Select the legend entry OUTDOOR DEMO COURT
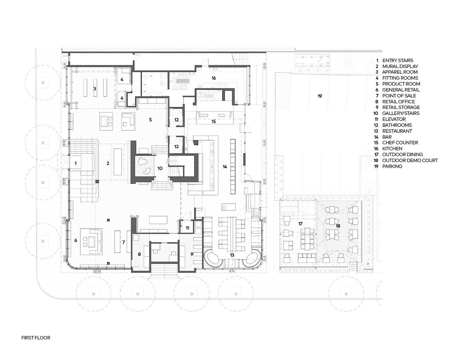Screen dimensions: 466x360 (x=410, y=161)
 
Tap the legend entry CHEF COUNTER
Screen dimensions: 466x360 (x=400, y=143)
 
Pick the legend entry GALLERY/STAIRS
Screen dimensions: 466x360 (x=401, y=113)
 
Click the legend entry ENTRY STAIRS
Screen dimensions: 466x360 (x=398, y=60)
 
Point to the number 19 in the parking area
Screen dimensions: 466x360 (x=320, y=96)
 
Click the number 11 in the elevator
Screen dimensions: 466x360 (x=187, y=228)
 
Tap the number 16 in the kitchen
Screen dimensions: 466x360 (x=214, y=78)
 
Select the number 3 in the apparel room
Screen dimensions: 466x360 (x=95, y=89)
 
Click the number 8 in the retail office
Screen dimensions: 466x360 (x=140, y=254)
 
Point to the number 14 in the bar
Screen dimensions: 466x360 (x=225, y=167)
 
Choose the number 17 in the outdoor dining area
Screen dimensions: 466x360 (x=300, y=223)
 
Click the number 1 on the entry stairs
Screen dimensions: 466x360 (x=75, y=163)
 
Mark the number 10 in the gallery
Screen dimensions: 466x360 (x=160, y=168)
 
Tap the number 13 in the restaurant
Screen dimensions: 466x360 (x=232, y=255)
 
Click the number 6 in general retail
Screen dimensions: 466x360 (x=76, y=240)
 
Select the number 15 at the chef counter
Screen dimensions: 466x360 (x=214, y=122)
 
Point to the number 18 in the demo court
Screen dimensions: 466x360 (x=338, y=226)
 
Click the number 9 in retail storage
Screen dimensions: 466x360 (x=192, y=254)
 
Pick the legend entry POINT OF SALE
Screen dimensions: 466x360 (x=399, y=96)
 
